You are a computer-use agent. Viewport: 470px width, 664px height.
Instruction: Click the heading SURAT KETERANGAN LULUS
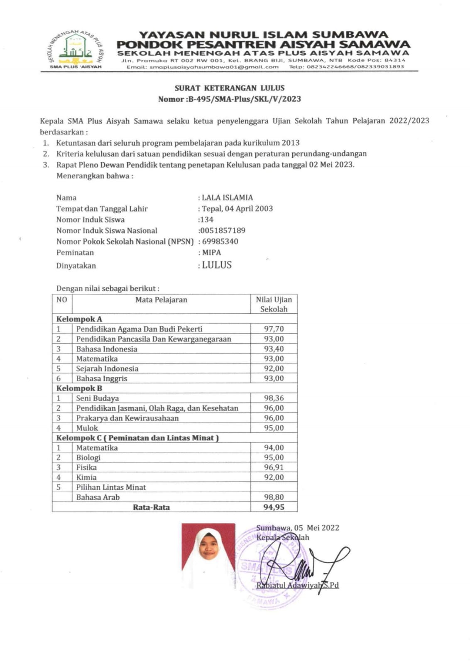[x=229, y=88]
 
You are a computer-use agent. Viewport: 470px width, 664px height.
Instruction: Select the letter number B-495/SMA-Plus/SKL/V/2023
[x=244, y=99]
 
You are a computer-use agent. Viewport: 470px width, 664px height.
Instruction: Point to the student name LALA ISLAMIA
[x=227, y=198]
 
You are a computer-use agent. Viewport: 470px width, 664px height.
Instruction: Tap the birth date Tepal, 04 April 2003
[x=237, y=208]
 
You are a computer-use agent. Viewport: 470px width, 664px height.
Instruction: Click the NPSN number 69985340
[x=220, y=242]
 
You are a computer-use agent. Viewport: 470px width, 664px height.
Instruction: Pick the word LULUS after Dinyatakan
[x=217, y=265]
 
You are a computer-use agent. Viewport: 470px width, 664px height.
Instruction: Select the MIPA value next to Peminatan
[x=211, y=252]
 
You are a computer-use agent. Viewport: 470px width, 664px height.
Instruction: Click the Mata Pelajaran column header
[x=161, y=300]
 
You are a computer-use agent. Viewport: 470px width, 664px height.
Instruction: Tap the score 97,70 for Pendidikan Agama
[x=274, y=329]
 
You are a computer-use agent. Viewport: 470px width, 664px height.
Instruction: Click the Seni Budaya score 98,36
[x=274, y=398]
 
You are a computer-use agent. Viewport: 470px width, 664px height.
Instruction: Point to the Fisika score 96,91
[x=274, y=467]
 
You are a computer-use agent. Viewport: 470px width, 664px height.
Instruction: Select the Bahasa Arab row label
[x=98, y=497]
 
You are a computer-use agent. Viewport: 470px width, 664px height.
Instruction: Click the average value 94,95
[x=274, y=507]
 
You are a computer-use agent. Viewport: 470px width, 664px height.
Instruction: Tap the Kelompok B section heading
[x=79, y=388]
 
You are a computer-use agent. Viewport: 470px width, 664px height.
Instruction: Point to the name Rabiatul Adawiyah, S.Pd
[x=297, y=585]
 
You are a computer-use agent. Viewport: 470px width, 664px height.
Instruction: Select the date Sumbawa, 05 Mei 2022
[x=297, y=528]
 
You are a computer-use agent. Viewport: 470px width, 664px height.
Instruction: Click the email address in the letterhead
[x=203, y=66]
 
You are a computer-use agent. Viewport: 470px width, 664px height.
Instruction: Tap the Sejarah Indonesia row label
[x=107, y=369]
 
